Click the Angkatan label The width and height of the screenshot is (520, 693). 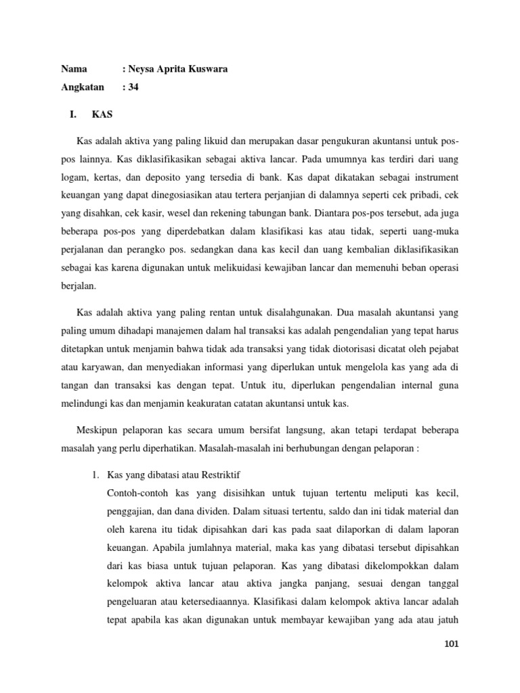click(x=83, y=87)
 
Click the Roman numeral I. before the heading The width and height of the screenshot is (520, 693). click(x=73, y=116)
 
